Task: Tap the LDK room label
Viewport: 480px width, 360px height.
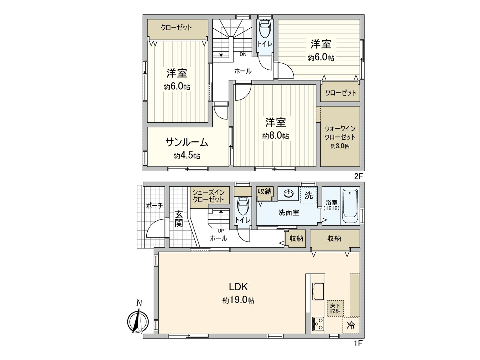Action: (x=238, y=287)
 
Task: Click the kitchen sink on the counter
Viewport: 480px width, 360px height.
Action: (x=318, y=291)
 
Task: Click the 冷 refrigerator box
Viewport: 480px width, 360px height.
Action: (x=351, y=325)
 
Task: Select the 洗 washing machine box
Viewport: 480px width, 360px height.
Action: (x=309, y=195)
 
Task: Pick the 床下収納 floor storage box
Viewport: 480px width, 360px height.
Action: (x=335, y=309)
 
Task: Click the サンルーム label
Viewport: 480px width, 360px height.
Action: (x=187, y=142)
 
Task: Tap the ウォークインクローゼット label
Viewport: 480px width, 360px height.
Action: (x=340, y=133)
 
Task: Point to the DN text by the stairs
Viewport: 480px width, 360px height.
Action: (x=243, y=54)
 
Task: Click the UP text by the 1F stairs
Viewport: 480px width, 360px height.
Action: (x=221, y=231)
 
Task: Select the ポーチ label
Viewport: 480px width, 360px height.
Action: (x=154, y=205)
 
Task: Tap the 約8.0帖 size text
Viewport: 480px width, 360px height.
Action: (x=275, y=136)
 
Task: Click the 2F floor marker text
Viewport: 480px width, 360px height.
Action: (x=358, y=176)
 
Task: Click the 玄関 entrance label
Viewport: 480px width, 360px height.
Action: (x=179, y=219)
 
